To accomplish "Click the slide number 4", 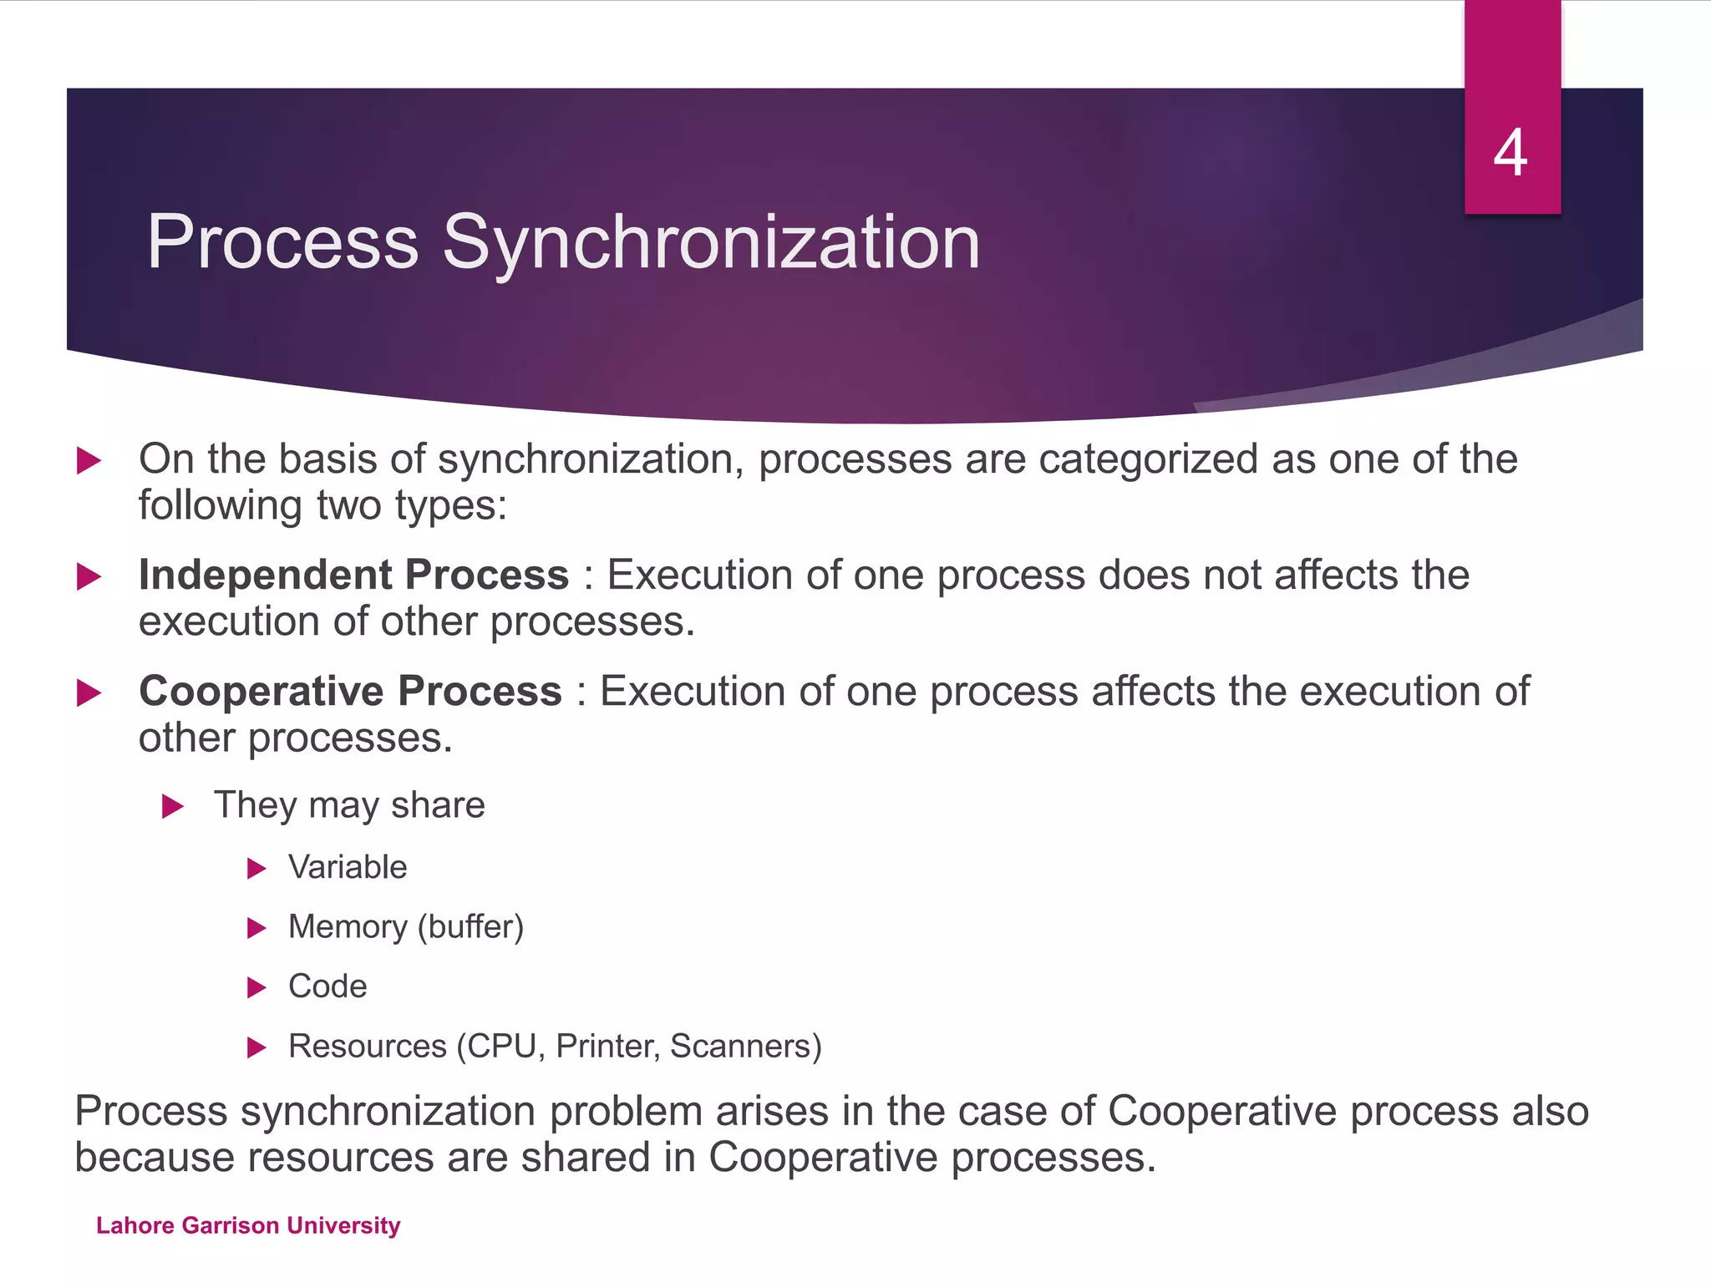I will click(1510, 153).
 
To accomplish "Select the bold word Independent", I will click(265, 576).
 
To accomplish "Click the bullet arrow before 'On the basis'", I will click(89, 460).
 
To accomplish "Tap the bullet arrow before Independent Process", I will click(89, 576).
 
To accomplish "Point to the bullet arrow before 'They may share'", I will click(172, 806).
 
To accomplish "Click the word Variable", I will click(348, 868).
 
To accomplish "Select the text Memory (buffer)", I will click(405, 927).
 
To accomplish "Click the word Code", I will click(327, 986).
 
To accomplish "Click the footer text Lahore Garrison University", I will click(248, 1225).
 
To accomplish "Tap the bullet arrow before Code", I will click(256, 988).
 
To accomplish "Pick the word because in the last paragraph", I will click(154, 1158).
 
